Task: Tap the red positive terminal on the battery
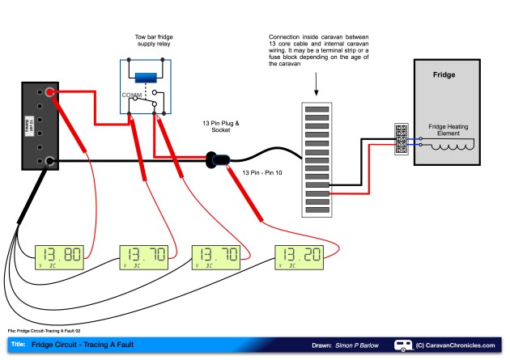pos(50,94)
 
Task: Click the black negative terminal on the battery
pos(50,162)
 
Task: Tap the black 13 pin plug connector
pos(217,160)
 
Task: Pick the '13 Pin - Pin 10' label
pos(262,173)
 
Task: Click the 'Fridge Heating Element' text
pos(454,131)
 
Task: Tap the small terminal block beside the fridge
pos(401,140)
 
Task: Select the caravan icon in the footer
pos(402,345)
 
